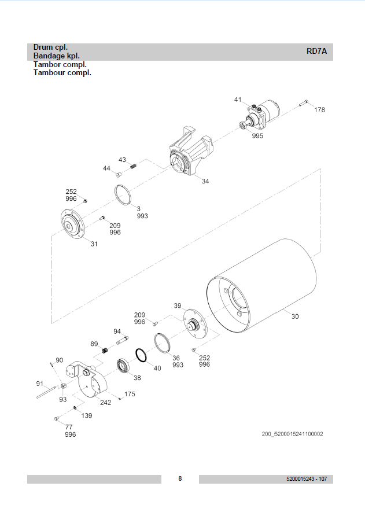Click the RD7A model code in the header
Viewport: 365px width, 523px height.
coord(316,51)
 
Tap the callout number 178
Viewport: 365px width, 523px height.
coord(319,109)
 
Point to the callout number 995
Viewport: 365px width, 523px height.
coord(257,136)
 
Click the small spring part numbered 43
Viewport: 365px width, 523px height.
coord(134,167)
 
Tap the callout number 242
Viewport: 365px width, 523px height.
coord(105,403)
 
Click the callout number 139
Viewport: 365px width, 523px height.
coord(86,415)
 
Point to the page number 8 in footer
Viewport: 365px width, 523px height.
coord(180,478)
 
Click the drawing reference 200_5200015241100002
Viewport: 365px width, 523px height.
coord(292,434)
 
